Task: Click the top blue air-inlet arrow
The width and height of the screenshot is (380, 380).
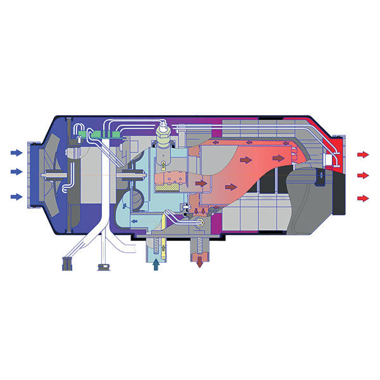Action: click(x=16, y=153)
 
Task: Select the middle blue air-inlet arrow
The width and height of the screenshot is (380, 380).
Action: click(x=16, y=172)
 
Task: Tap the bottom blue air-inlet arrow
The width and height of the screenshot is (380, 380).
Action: click(x=16, y=196)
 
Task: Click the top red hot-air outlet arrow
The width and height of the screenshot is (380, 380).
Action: click(x=364, y=155)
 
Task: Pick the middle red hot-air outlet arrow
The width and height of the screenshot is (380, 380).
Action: click(x=364, y=175)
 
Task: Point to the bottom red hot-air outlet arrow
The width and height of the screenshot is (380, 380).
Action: click(x=364, y=198)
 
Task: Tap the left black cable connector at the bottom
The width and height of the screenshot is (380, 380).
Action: click(x=65, y=264)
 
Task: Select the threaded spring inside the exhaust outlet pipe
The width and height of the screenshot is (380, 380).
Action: click(x=200, y=247)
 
